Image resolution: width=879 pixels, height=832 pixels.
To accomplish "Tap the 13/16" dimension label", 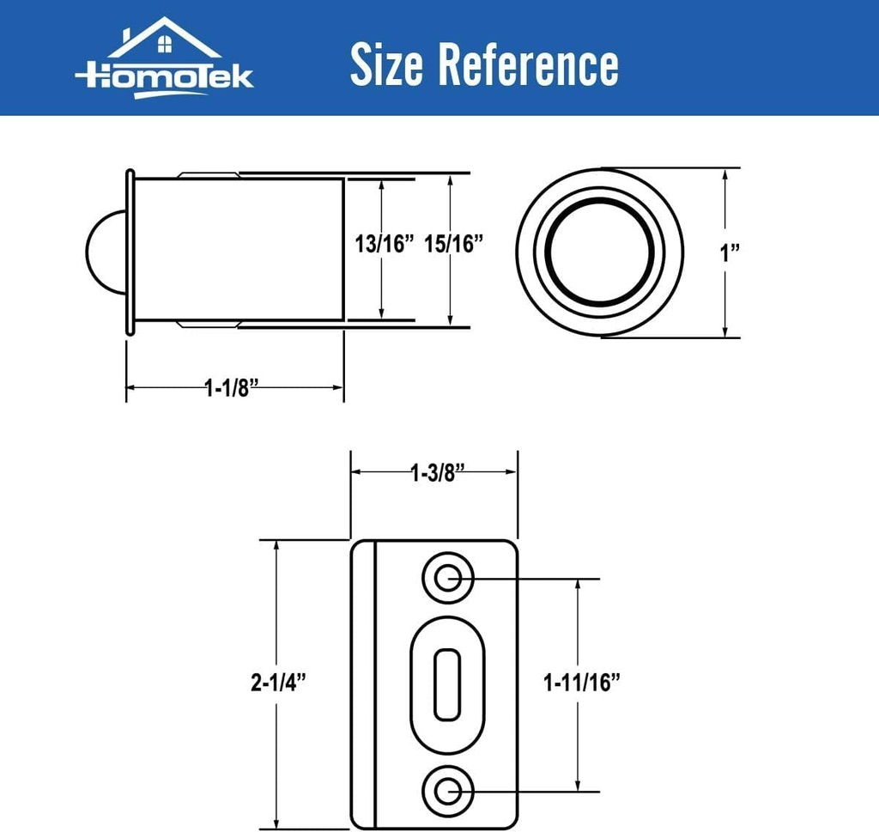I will [384, 244].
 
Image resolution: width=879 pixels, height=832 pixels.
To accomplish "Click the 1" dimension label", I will [730, 252].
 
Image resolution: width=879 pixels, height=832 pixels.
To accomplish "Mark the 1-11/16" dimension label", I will [581, 683].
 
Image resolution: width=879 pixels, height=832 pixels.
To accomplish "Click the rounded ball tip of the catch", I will [105, 252].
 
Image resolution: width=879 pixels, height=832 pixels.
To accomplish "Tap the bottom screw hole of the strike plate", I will [446, 788].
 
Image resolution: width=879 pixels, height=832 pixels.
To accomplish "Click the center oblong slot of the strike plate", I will [446, 683].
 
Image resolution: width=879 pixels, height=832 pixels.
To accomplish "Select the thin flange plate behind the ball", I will [130, 252].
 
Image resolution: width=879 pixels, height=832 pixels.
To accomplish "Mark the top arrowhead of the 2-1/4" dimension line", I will [276, 547].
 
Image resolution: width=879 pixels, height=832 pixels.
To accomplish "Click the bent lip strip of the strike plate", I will [364, 683].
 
